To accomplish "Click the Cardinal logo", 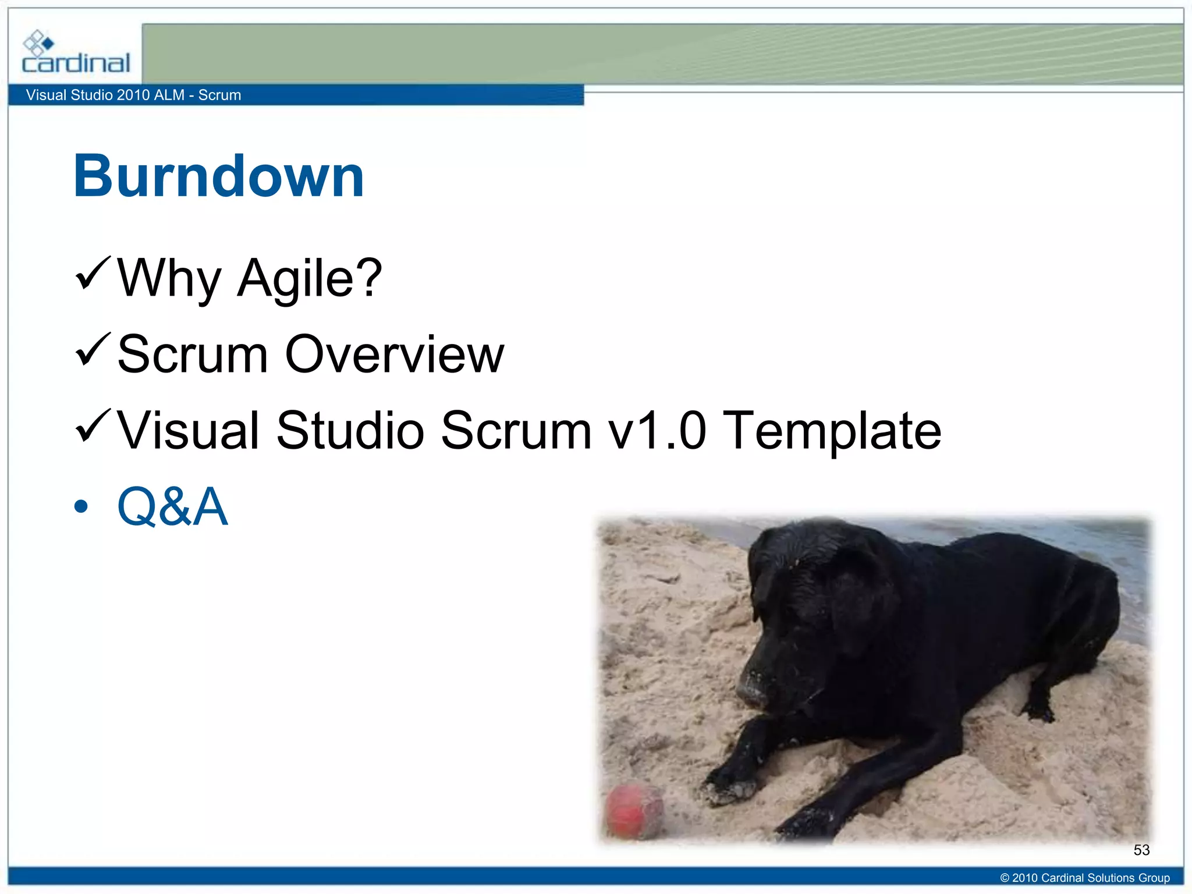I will (x=75, y=54).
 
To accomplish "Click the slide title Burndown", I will (x=218, y=176).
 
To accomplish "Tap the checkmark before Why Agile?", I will (x=93, y=274).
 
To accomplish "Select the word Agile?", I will (x=310, y=278).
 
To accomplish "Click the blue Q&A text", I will (x=172, y=506).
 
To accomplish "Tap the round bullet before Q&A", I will (x=81, y=507).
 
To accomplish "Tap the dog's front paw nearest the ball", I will (x=728, y=786).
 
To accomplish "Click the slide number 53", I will (x=1141, y=850).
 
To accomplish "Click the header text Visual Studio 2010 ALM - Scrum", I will (x=133, y=95).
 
